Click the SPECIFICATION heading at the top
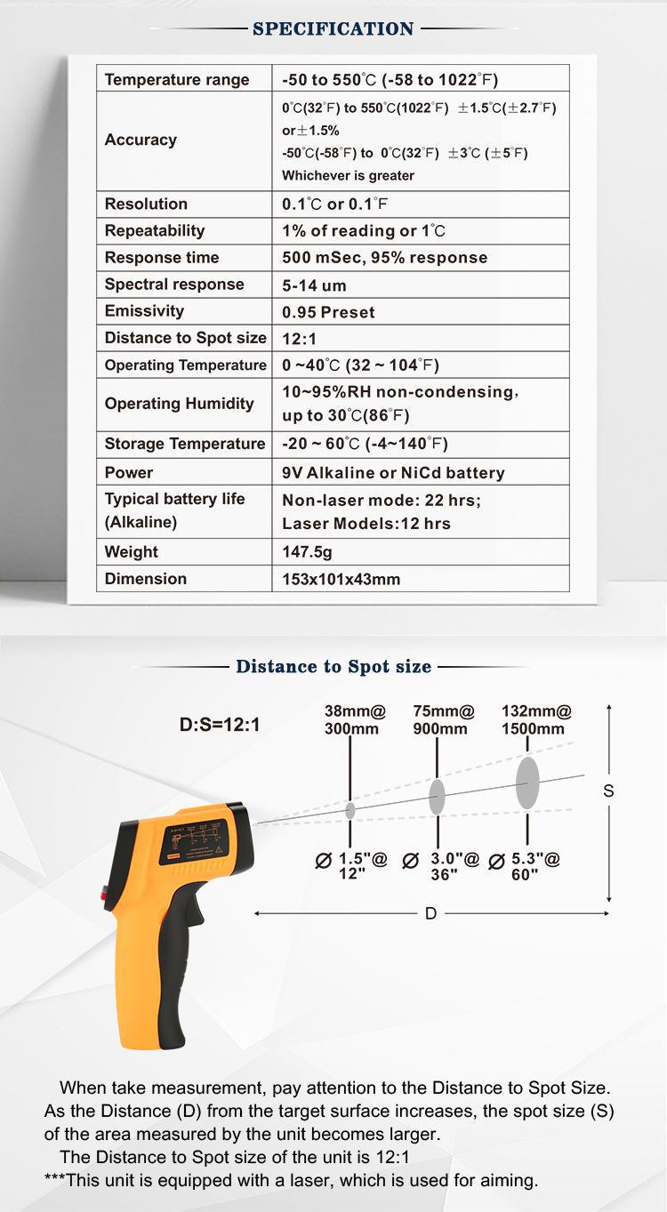coord(333,29)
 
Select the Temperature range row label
coord(177,79)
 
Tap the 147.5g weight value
coord(307,552)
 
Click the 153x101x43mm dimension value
coord(342,579)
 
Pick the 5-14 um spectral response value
coord(314,285)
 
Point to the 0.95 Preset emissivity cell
coord(328,312)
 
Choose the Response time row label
coord(162,257)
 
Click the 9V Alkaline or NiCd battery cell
coord(393,472)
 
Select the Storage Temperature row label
coord(185,444)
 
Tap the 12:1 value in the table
coord(300,339)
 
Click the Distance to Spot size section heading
coord(333,666)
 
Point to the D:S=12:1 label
coord(220,725)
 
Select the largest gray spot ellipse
coord(527,783)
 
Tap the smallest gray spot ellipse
coord(350,809)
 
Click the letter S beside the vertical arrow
coord(609,791)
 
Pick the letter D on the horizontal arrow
coord(431,913)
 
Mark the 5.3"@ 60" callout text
coord(528,867)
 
